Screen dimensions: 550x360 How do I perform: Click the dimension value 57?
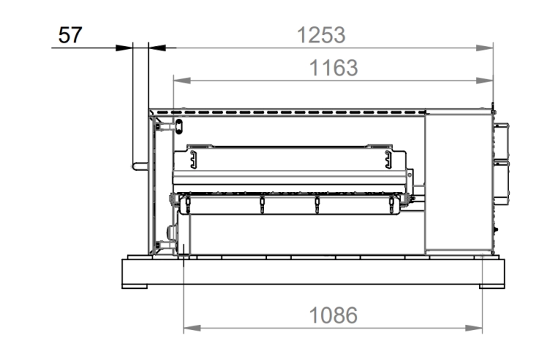coord(70,35)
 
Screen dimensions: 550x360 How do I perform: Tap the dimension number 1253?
coord(321,35)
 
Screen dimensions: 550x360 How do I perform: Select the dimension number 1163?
coord(333,67)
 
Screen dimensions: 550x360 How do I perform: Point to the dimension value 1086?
coord(333,315)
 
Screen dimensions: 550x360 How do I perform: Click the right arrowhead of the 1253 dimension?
coord(485,48)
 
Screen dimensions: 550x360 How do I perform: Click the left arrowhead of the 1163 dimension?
coord(182,81)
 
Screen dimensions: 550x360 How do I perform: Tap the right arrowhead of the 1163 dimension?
coord(485,81)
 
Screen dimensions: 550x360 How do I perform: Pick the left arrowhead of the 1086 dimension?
coord(192,328)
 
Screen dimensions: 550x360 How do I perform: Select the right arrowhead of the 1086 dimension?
coord(474,328)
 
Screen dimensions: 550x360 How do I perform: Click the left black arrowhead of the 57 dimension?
coord(124,48)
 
